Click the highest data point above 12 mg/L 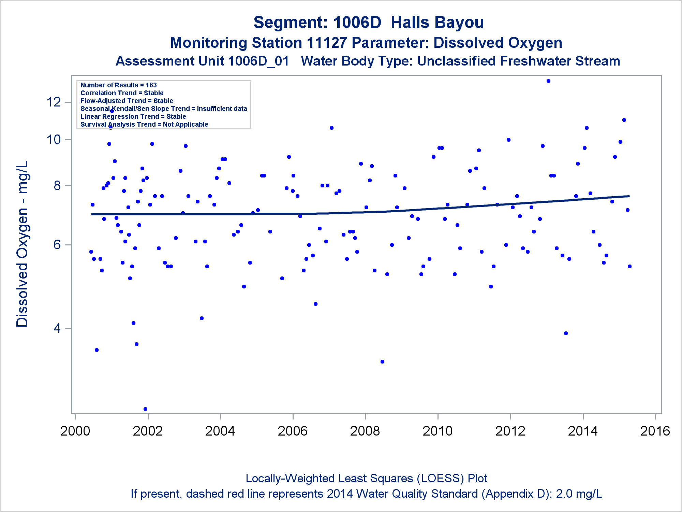pyautogui.click(x=548, y=81)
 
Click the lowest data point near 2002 pyautogui.click(x=145, y=409)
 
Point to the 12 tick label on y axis pyautogui.click(x=54, y=102)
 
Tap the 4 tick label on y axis pyautogui.click(x=57, y=328)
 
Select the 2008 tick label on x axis pyautogui.click(x=365, y=431)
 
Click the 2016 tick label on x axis pyautogui.click(x=655, y=431)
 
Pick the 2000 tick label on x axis pyautogui.click(x=75, y=431)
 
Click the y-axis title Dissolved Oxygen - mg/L pyautogui.click(x=23, y=244)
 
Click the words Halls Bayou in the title pyautogui.click(x=437, y=23)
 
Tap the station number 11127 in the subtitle pyautogui.click(x=326, y=43)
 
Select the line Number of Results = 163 pyautogui.click(x=118, y=85)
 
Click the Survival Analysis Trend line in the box pyautogui.click(x=144, y=124)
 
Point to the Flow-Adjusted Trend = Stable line pyautogui.click(x=127, y=101)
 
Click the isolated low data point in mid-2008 pyautogui.click(x=382, y=361)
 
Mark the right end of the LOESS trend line pyautogui.click(x=629, y=196)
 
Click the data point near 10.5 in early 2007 pyautogui.click(x=331, y=128)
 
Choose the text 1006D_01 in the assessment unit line pyautogui.click(x=258, y=61)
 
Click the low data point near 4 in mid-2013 pyautogui.click(x=566, y=333)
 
